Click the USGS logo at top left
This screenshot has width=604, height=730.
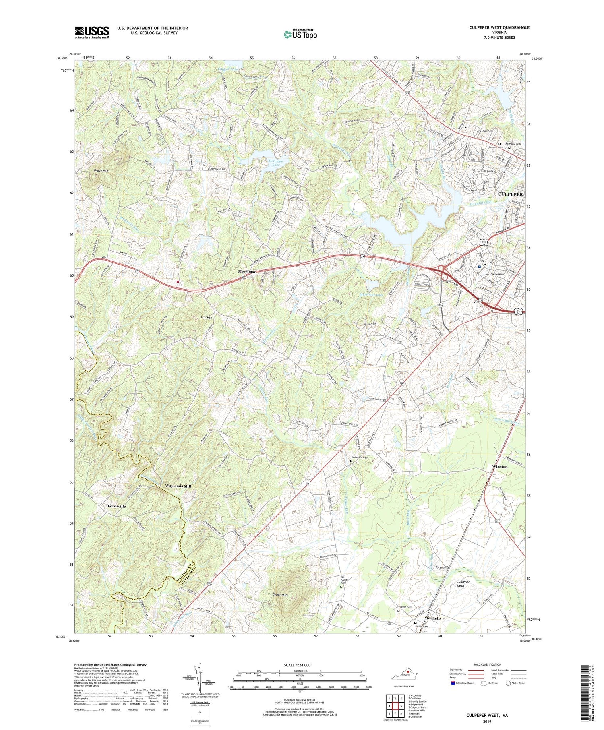[x=92, y=32]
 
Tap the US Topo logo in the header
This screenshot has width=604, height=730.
[x=300, y=34]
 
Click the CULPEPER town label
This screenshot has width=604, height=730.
[x=511, y=194]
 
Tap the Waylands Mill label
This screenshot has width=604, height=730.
[x=178, y=486]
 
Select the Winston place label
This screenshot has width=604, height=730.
[x=500, y=466]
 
